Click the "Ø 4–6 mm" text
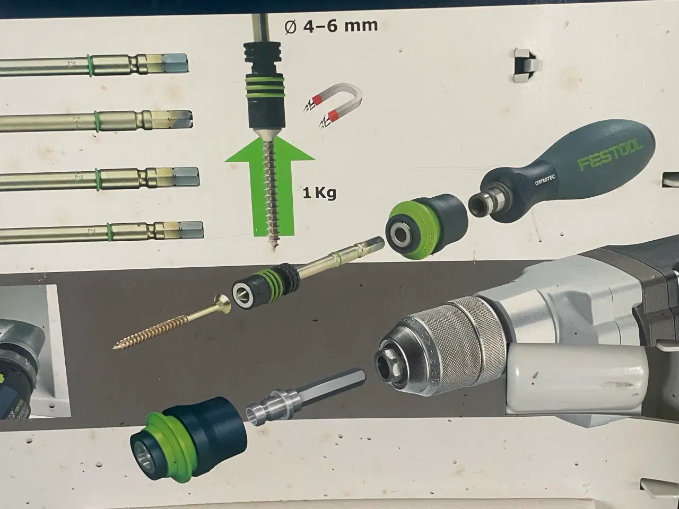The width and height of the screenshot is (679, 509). pos(331,25)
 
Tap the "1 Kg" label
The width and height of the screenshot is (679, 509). pos(319,194)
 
